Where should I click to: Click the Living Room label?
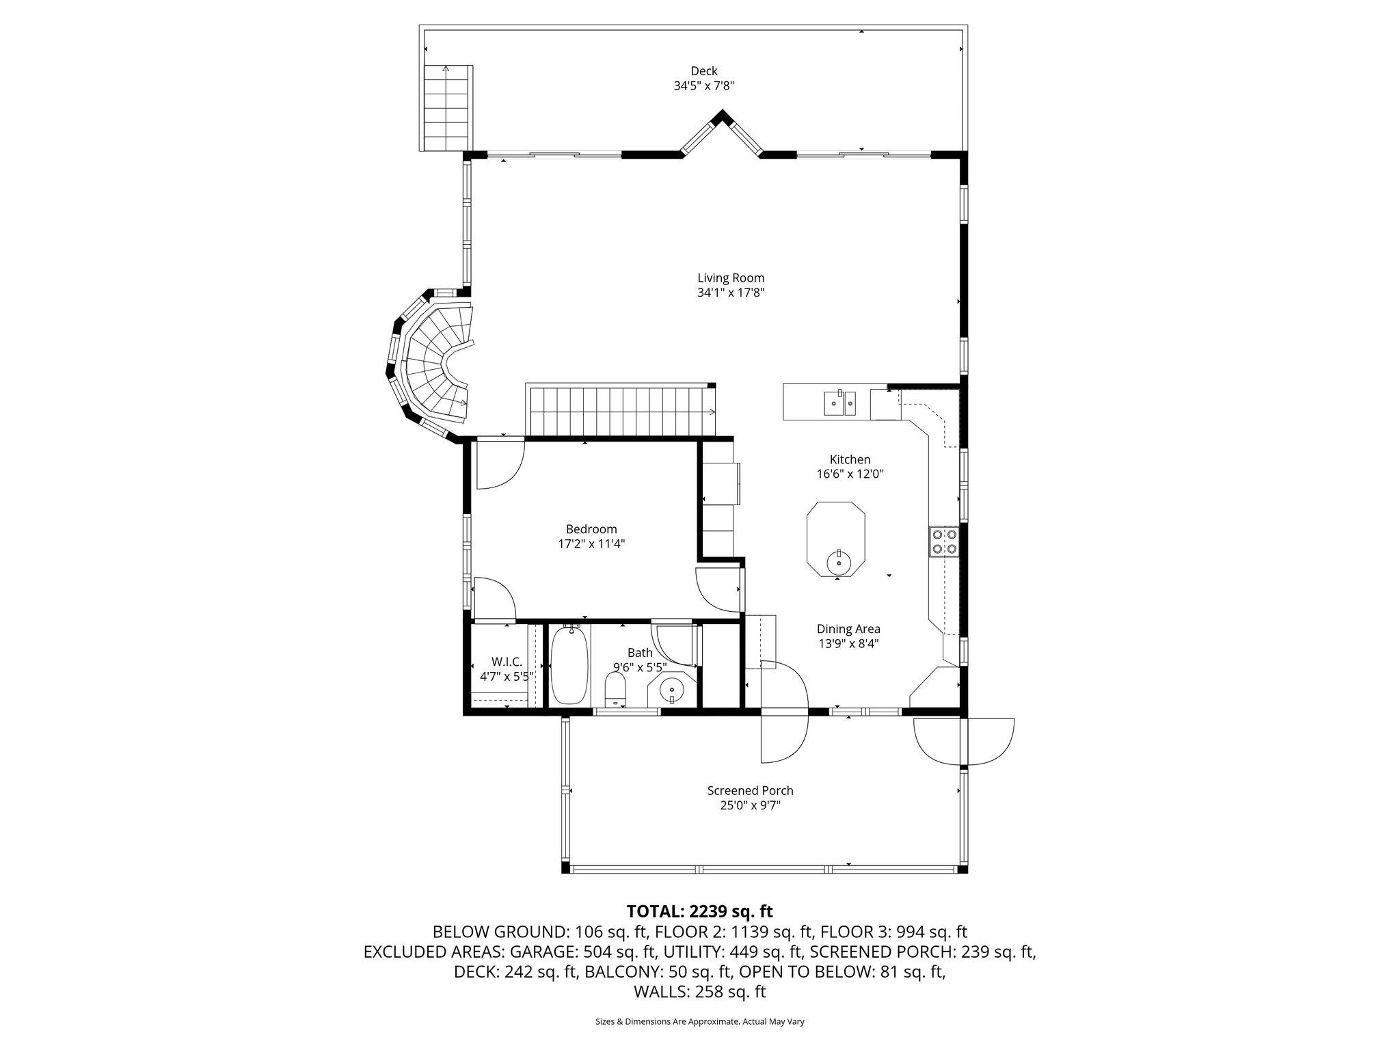click(x=730, y=278)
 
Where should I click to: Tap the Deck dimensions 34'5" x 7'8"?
click(x=703, y=86)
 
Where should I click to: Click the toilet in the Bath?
click(x=616, y=689)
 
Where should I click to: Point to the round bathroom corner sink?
click(x=672, y=690)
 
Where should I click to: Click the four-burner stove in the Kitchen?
click(x=943, y=541)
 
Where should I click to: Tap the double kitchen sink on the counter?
click(x=839, y=403)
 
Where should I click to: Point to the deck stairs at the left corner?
click(x=447, y=108)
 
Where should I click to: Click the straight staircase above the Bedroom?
click(x=619, y=410)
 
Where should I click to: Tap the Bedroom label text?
click(x=591, y=529)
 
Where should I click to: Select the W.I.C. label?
click(x=507, y=662)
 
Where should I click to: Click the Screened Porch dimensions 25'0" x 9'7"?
click(x=750, y=805)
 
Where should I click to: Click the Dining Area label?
click(x=848, y=629)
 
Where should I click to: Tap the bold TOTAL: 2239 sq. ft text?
click(x=699, y=911)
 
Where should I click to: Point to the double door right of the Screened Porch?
click(x=964, y=742)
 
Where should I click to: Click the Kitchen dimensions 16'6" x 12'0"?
click(x=850, y=474)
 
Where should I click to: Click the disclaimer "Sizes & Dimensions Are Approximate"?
click(x=699, y=1022)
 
